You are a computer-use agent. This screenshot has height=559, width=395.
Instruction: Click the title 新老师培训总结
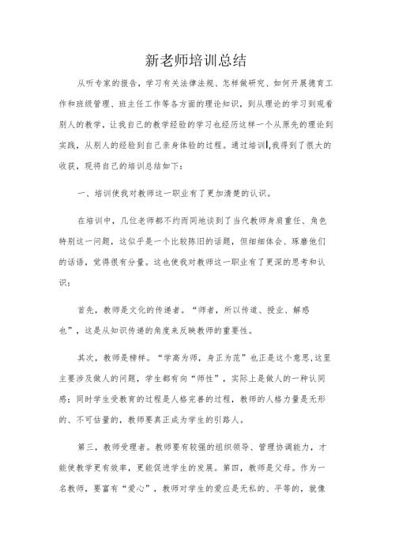[x=197, y=60]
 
